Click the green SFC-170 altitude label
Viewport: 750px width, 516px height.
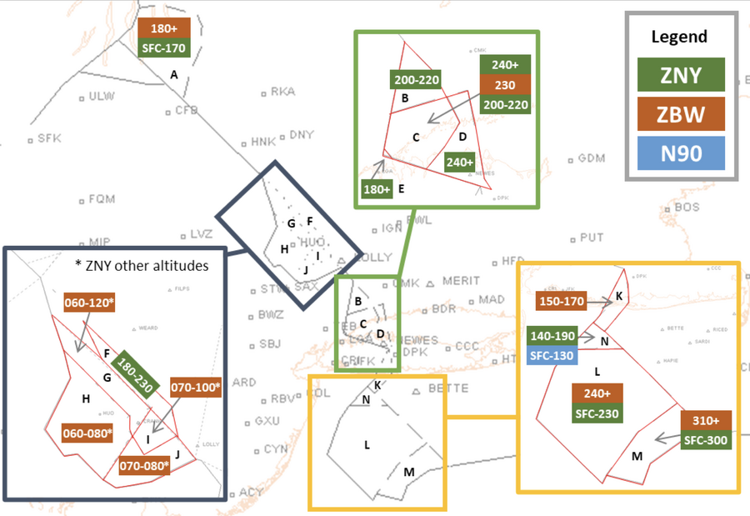165,48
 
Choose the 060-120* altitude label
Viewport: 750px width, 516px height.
87,303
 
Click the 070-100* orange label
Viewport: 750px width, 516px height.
195,388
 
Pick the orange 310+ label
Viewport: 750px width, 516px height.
707,420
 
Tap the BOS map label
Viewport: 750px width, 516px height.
687,207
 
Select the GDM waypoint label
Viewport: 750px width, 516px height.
592,158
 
